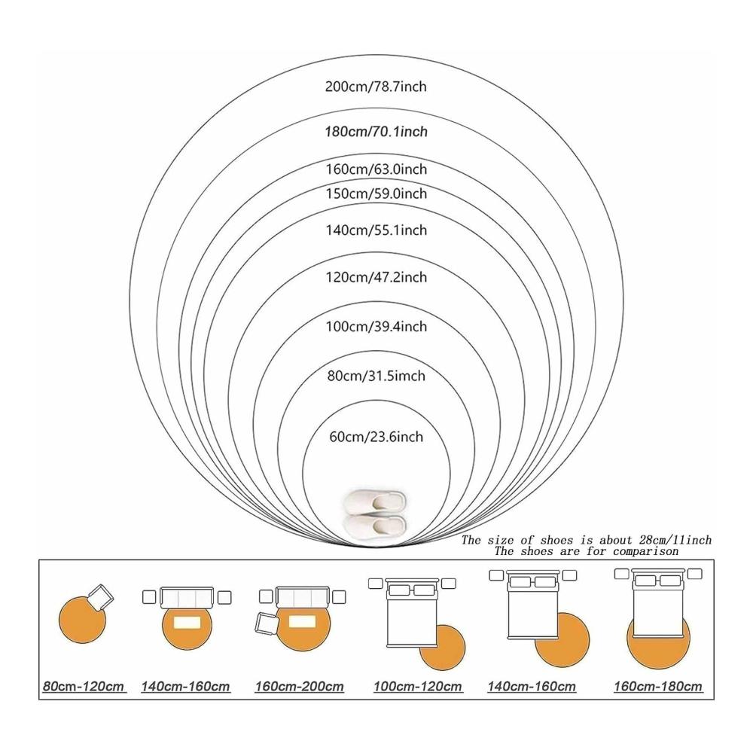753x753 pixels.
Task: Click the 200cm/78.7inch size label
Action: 376,87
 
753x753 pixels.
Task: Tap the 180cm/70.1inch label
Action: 376,132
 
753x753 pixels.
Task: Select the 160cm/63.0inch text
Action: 376,169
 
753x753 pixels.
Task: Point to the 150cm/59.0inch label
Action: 376,194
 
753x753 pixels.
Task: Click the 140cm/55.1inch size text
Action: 376,230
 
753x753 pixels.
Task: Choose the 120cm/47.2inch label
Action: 376,278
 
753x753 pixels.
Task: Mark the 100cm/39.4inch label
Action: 376,327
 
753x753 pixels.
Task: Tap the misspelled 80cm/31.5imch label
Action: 376,376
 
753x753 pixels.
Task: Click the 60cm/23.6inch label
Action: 376,437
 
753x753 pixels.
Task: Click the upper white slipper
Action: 374,501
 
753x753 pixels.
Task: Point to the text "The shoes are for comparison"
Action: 587,551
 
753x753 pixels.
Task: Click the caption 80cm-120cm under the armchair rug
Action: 84,686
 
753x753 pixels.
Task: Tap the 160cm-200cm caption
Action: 299,686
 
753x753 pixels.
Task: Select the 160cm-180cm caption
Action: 658,686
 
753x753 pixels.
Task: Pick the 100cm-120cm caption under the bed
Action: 418,686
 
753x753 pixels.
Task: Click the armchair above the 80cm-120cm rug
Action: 100,597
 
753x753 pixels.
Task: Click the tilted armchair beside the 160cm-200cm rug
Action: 267,624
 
